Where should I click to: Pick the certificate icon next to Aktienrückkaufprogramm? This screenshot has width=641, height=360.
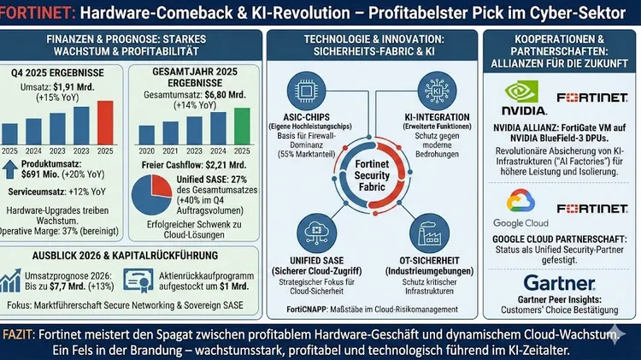[x=138, y=280]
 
